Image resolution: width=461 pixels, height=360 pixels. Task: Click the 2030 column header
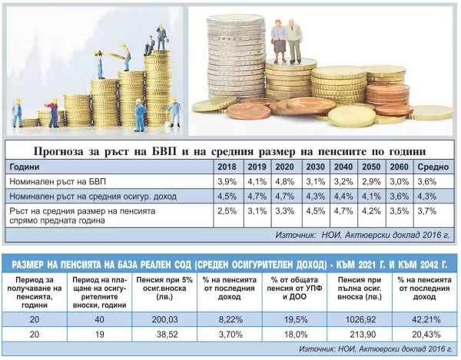[x=315, y=167]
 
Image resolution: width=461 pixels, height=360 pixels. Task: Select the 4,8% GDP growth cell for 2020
[x=284, y=182]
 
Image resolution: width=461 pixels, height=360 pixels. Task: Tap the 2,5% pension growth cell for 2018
[x=227, y=211]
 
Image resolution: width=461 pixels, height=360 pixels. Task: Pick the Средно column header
[x=433, y=167]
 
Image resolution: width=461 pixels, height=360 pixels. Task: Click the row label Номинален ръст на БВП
[x=58, y=182]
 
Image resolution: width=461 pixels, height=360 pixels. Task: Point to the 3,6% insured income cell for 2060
[x=400, y=197]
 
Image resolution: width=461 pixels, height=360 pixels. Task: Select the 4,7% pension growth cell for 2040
[x=343, y=211]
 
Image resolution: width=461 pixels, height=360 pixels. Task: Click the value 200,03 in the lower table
[x=164, y=319]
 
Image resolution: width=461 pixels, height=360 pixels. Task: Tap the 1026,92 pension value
[x=361, y=319]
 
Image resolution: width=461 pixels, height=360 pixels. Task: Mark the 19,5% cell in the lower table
[x=296, y=319]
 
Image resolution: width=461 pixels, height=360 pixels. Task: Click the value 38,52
[x=167, y=335]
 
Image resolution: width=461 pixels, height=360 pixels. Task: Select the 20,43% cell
[x=426, y=335]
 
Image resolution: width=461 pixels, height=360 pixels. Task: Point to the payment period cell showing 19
[x=100, y=335]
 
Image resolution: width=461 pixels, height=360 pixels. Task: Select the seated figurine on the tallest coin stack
[x=150, y=45]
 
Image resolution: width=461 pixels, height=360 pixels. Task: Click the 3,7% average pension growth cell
[x=427, y=211]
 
